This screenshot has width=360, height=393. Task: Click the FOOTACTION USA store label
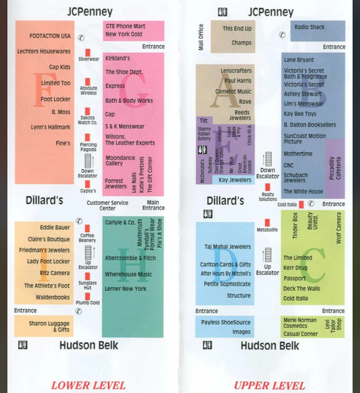50,37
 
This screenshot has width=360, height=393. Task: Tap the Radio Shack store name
309,27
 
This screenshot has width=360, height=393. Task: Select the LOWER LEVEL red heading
88,386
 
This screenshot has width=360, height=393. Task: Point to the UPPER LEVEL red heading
269,386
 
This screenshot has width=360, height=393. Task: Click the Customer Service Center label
107,205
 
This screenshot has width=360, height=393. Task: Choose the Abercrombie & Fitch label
130,258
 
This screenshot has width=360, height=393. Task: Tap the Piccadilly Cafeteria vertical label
335,168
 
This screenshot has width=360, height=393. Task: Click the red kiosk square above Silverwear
88,52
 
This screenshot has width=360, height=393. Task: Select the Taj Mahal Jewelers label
228,247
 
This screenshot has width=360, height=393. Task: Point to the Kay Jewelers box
235,180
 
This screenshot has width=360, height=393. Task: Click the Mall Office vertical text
201,37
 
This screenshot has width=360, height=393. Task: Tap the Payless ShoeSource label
226,323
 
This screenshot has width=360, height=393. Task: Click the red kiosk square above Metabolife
267,222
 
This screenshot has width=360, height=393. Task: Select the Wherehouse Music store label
128,274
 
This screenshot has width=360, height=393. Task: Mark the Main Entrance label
153,205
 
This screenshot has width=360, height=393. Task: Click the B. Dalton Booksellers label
310,125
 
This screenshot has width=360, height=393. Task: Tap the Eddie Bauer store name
55,228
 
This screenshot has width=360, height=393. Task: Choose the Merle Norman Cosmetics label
300,323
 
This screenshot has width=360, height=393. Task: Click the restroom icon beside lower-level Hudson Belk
23,345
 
